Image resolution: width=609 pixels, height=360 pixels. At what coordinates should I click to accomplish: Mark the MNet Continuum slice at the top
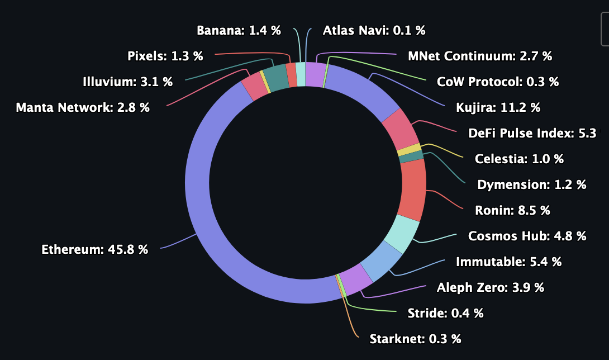click(x=315, y=74)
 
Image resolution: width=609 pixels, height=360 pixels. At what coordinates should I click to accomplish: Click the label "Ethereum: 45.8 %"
click(x=95, y=249)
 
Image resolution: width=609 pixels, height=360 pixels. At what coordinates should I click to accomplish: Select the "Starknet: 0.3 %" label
click(x=415, y=339)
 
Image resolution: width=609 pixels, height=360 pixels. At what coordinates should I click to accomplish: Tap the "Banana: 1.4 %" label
click(x=239, y=30)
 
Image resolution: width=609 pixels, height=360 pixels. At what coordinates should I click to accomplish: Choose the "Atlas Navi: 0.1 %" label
click(x=374, y=30)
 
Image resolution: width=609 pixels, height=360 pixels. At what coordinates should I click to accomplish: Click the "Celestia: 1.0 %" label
click(x=519, y=159)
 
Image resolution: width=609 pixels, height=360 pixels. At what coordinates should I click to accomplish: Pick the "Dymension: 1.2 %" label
click(x=531, y=184)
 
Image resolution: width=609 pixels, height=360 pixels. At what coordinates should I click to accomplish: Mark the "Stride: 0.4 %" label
click(x=445, y=313)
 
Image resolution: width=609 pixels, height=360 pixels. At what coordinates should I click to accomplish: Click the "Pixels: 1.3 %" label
click(x=165, y=56)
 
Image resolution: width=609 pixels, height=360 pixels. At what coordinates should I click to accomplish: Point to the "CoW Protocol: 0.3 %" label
click(x=498, y=82)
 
